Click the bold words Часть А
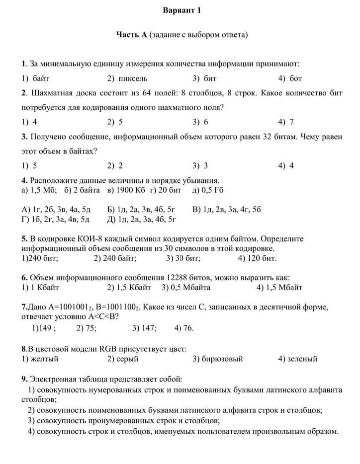pyautogui.click(x=131, y=35)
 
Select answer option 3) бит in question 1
pyautogui.click(x=204, y=78)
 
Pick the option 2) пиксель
pyautogui.click(x=127, y=78)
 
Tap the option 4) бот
pyautogui.click(x=290, y=78)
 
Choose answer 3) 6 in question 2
pyautogui.click(x=200, y=122)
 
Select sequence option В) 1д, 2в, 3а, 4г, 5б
pyautogui.click(x=226, y=209)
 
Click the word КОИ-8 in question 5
pyautogui.click(x=83, y=238)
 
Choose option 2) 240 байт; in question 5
pyautogui.click(x=115, y=258)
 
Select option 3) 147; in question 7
pyautogui.click(x=144, y=328)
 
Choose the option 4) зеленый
pyautogui.click(x=297, y=359)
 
